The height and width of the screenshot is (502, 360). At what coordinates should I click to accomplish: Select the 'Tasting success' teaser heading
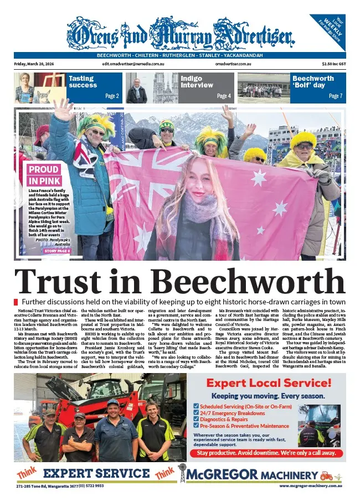coord(83,82)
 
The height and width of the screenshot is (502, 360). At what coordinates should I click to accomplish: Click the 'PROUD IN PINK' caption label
coord(44,174)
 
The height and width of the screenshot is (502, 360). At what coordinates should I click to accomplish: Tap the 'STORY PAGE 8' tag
coord(57,251)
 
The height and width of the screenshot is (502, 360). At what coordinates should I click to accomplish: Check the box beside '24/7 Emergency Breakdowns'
coord(196,412)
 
